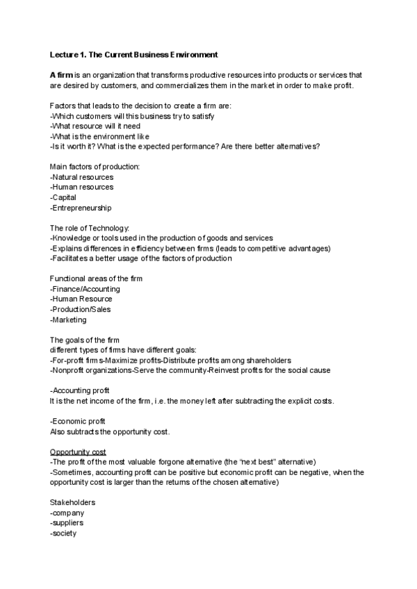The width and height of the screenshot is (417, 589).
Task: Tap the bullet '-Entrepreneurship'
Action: [81, 208]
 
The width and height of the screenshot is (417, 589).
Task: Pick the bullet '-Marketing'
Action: [68, 320]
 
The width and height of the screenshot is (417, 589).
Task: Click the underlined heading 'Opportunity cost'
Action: [78, 452]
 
